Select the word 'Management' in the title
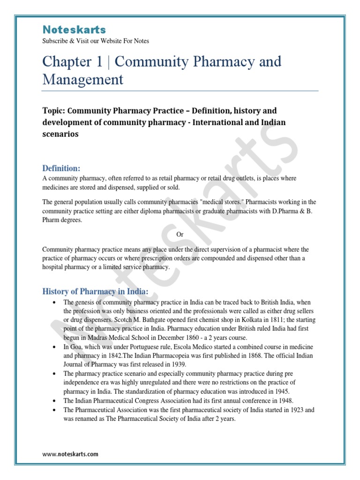coord(83,79)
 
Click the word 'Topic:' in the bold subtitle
coord(54,111)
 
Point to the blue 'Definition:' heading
coord(61,168)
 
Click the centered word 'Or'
coord(180,234)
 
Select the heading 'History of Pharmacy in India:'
coord(95,292)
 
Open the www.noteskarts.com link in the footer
coord(70,454)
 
